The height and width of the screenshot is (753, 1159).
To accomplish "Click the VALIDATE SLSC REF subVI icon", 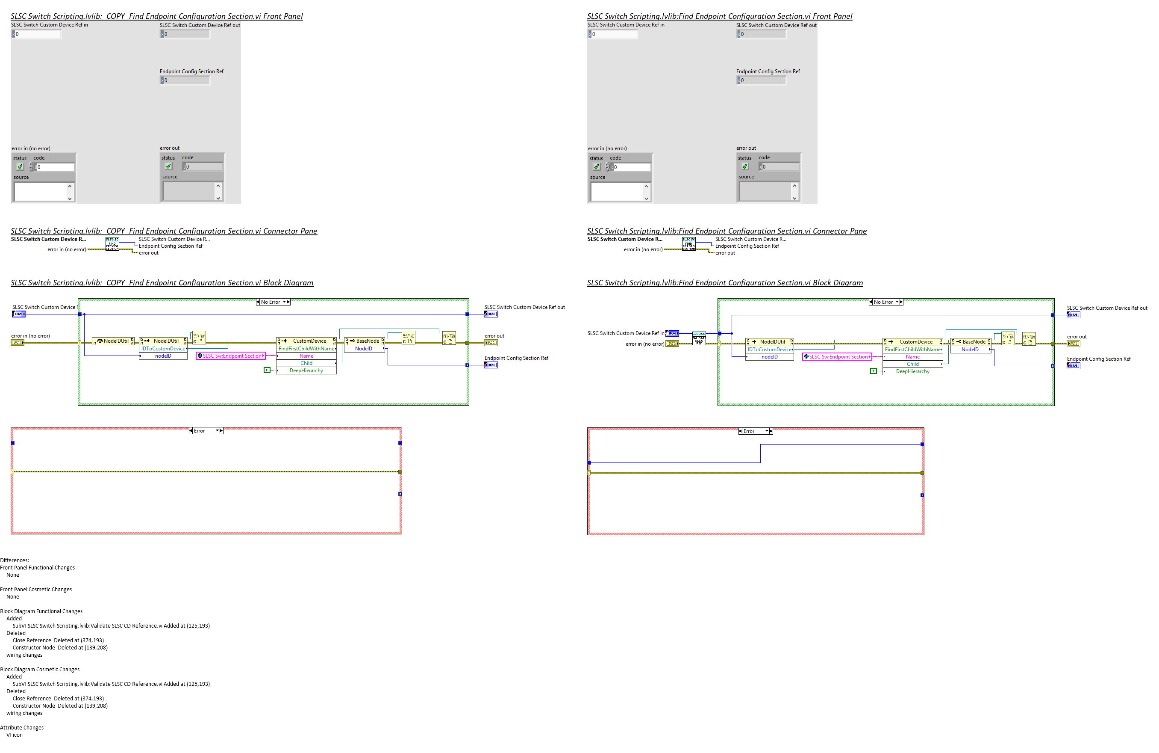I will tap(699, 338).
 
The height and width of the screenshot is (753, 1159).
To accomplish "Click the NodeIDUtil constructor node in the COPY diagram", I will tap(113, 341).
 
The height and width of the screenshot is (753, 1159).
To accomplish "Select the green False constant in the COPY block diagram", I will tap(267, 370).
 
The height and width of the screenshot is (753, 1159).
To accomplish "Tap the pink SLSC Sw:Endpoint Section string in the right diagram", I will tap(837, 357).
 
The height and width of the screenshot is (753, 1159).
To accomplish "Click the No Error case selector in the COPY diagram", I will tap(273, 302).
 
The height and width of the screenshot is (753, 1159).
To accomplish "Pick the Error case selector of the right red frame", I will tap(755, 431).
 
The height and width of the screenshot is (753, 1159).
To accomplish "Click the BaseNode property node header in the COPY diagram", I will tap(364, 341).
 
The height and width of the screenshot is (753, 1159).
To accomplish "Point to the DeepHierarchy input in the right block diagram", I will tap(912, 371).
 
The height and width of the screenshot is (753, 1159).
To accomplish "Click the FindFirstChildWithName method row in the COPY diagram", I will tap(306, 348).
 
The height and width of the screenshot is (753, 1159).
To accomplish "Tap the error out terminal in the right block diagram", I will tap(1073, 344).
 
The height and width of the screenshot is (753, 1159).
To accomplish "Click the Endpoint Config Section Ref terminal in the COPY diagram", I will tap(490, 365).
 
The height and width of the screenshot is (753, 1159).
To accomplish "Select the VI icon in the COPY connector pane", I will tap(112, 244).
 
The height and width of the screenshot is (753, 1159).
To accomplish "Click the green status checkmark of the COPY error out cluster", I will tap(168, 166).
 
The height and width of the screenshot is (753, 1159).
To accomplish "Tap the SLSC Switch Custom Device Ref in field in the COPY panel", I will tap(37, 34).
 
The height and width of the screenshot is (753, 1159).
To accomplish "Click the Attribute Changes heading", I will tap(22, 727).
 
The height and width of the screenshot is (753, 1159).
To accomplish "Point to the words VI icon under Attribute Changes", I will tap(15, 735).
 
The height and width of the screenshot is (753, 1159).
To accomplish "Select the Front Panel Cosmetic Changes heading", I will tap(36, 589).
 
